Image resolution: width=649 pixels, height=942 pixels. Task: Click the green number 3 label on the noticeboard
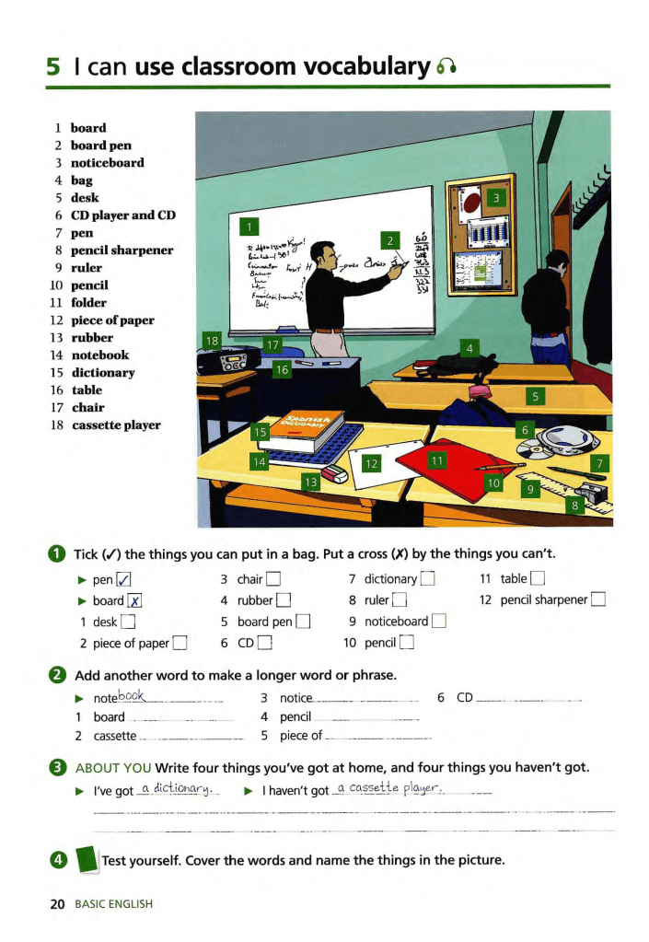point(496,199)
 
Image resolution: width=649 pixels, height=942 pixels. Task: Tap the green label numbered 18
point(212,341)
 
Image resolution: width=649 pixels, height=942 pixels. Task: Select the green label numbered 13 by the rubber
point(311,482)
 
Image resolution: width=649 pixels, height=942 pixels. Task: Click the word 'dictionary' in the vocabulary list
point(103,373)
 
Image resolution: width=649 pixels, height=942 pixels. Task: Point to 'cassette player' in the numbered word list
point(116,425)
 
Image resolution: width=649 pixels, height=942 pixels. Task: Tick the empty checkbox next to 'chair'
point(273,579)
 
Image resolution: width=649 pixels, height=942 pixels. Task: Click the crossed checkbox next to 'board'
point(134,600)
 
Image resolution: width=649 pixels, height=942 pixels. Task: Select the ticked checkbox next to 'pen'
point(123,579)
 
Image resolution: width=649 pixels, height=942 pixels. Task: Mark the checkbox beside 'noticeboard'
point(438,622)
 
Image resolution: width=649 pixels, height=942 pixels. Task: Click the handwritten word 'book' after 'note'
point(134,697)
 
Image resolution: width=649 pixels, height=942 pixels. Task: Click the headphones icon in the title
point(446,67)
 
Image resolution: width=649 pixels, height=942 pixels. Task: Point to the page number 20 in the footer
point(57,904)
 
